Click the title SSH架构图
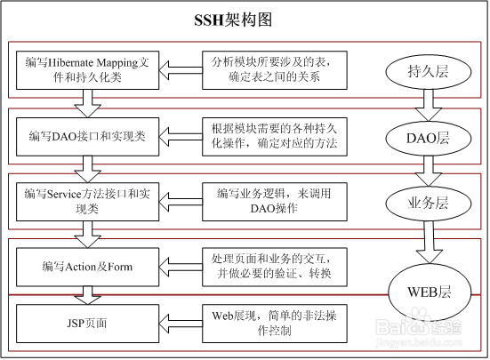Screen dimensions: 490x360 (x=233, y=20)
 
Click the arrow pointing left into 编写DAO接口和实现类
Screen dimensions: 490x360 (x=181, y=136)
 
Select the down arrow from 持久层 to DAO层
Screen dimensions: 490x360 (x=428, y=105)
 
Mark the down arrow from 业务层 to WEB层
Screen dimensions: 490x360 (x=429, y=243)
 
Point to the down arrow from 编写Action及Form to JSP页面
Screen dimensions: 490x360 (x=87, y=295)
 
